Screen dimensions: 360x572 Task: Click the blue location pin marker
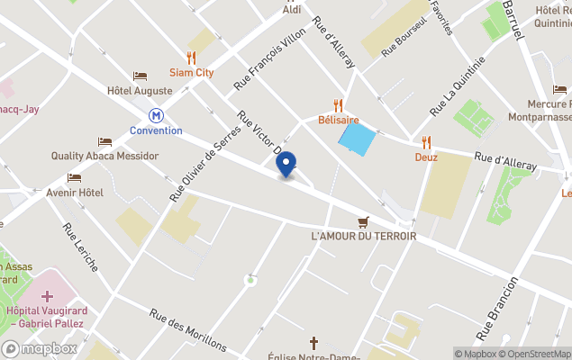[x=286, y=165]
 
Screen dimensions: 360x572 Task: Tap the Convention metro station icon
[x=157, y=115]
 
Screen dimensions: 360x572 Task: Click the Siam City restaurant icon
[x=191, y=58]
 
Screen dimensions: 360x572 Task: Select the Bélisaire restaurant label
[x=338, y=120]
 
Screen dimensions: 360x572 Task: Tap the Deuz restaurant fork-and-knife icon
[x=426, y=142]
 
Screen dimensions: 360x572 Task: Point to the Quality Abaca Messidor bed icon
[x=105, y=141]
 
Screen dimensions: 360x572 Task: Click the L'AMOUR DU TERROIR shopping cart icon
[x=363, y=221]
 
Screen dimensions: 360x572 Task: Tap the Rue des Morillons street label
[x=188, y=328]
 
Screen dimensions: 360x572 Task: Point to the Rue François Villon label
[x=270, y=58]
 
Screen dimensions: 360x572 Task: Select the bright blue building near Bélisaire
[x=356, y=139]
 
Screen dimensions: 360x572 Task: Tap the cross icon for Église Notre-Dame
[x=314, y=342]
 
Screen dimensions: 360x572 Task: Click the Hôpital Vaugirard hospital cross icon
[x=46, y=296]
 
